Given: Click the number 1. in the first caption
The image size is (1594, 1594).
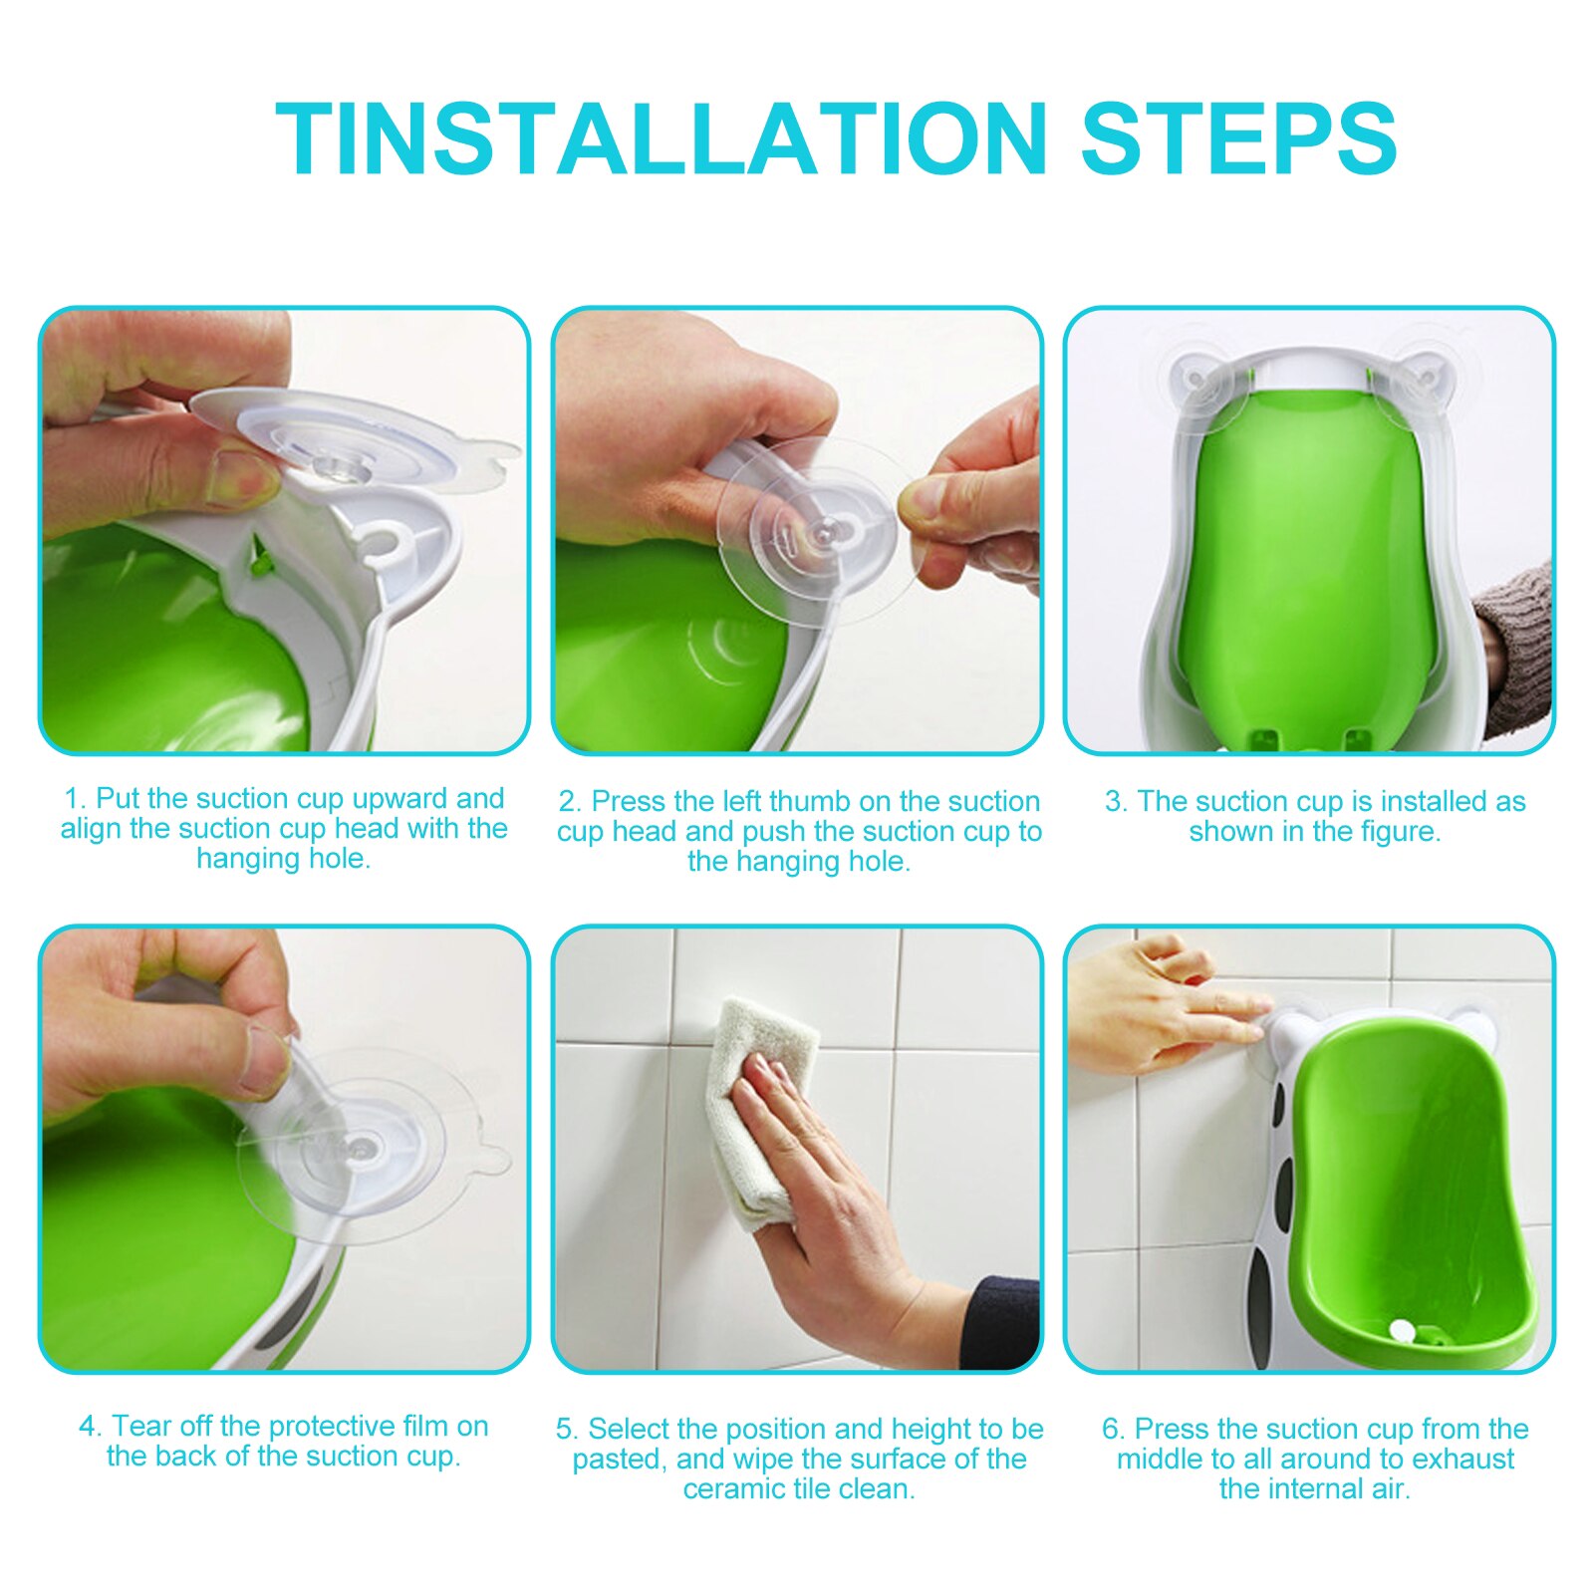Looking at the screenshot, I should coord(75,799).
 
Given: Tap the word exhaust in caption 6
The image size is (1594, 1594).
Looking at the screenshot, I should coord(1462,1460).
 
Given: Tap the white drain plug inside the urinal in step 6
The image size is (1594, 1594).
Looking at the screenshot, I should coord(1402,1328).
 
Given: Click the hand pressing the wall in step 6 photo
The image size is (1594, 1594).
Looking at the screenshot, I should coord(1156,1006).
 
